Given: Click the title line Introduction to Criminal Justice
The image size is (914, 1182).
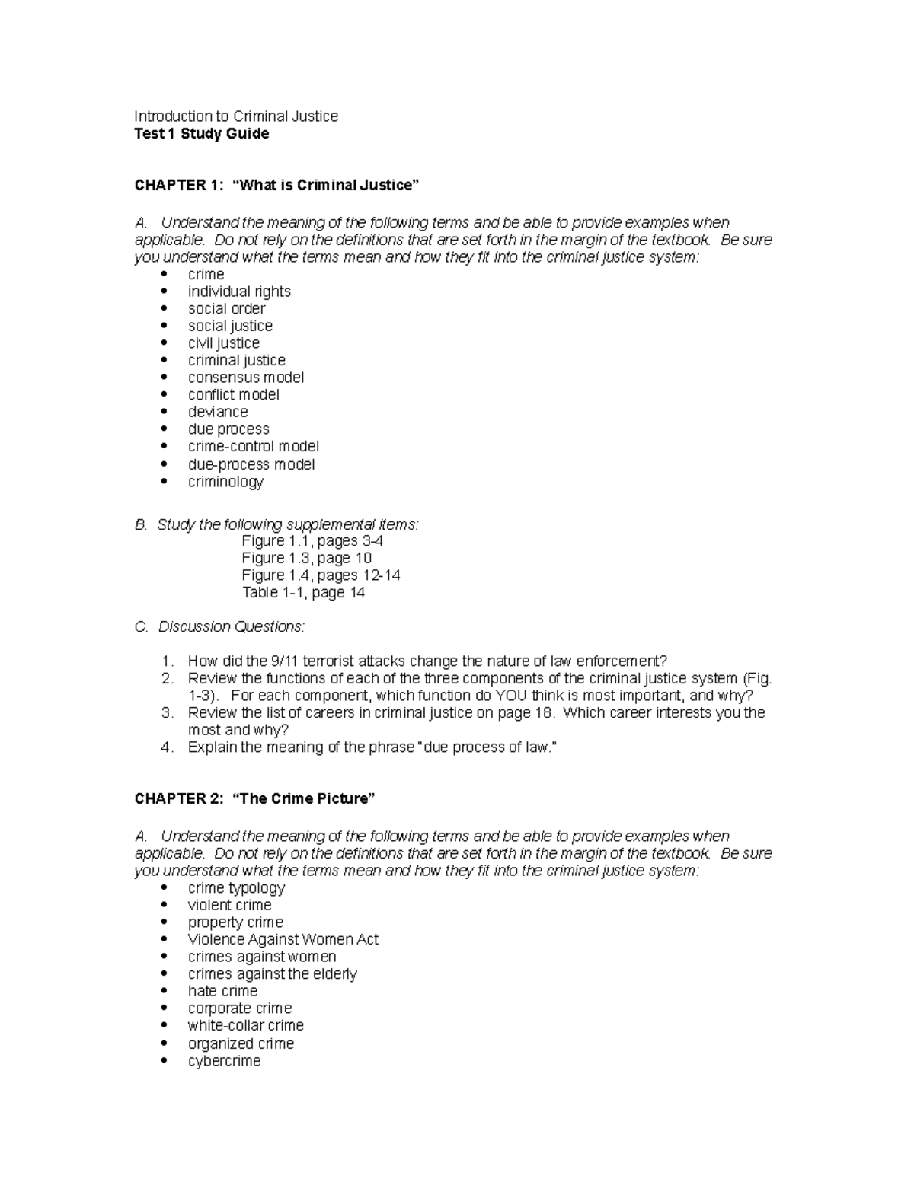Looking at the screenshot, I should [236, 116].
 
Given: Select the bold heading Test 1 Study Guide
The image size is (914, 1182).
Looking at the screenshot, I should [202, 134].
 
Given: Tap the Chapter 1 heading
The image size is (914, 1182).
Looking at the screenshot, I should [277, 185].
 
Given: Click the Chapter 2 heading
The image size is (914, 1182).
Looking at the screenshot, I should [255, 798].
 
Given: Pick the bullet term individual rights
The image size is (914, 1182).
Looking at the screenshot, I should [239, 292].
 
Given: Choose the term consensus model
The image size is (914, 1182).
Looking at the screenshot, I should [245, 378].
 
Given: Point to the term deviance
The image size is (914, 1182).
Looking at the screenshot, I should [218, 412].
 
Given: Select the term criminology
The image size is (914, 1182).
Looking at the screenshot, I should [225, 482].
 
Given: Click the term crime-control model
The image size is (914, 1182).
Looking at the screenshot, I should [253, 446].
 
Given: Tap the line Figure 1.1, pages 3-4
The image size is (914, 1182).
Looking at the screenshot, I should [312, 541].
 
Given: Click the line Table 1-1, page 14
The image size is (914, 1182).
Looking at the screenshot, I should [303, 593].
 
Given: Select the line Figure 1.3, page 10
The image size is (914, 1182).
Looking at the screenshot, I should [306, 558].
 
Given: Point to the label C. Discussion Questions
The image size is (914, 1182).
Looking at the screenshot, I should [219, 627].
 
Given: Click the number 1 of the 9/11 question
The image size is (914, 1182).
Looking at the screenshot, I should [168, 661].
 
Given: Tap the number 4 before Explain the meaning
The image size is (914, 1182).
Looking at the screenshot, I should [168, 747].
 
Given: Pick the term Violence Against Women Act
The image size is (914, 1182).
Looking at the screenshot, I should [283, 940].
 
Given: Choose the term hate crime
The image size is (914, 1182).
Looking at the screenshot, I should [222, 991].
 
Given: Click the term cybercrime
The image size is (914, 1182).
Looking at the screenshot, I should [224, 1061].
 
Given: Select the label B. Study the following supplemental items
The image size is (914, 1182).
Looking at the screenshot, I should [276, 524].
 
